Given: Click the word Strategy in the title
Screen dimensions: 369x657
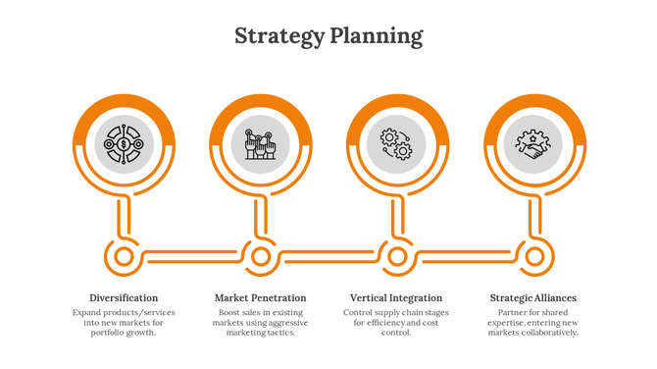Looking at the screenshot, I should coord(279,37).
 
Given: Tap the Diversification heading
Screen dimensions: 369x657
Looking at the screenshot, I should coord(124,297).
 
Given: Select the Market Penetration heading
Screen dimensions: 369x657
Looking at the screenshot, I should coord(260,297).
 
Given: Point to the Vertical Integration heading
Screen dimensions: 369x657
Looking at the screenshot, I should coord(396,297).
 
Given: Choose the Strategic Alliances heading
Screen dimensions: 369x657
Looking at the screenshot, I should coord(532,297).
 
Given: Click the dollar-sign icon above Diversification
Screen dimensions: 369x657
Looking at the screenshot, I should coord(125,145).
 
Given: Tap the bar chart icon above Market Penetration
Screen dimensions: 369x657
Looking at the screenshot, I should coord(261,145).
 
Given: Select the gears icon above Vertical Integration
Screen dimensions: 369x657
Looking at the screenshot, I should coord(396,145).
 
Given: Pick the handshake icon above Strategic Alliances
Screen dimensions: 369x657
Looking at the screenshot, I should coord(533,145).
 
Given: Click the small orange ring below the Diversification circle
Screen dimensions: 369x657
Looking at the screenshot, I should coord(125,257).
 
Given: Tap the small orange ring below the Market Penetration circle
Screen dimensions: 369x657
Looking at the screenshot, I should coord(261,257).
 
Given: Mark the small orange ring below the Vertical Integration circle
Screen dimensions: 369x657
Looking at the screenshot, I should coord(397,257).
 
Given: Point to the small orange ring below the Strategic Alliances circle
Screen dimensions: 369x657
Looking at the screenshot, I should coord(533,257).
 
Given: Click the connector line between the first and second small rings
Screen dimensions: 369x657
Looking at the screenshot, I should coord(192,257).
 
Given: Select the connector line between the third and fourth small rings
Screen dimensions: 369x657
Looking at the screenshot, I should coord(466,257).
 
